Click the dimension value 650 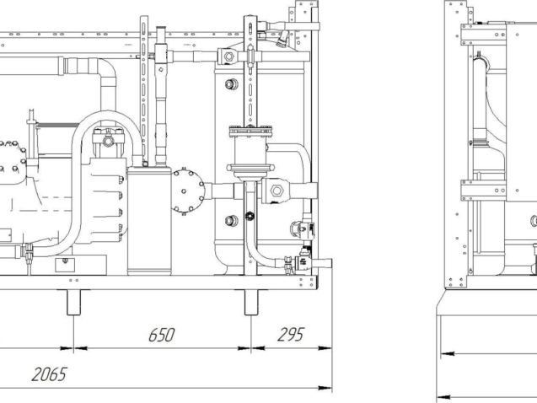point(161,335)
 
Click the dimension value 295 point(290,335)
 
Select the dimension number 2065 point(49,374)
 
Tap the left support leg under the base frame point(73,303)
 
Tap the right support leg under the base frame point(251,303)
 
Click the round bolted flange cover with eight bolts point(188,191)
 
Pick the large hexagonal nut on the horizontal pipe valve point(277,191)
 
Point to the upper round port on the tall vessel point(232,83)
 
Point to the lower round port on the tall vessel point(232,221)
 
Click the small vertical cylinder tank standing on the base point(149,221)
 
